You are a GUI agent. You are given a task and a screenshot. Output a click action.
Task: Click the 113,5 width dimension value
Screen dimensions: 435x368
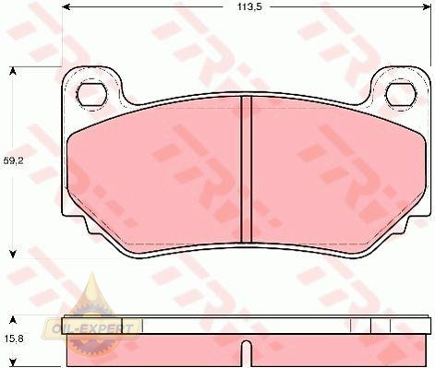[249, 6]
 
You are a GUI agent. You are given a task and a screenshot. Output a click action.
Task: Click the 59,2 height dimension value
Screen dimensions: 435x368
[14, 160]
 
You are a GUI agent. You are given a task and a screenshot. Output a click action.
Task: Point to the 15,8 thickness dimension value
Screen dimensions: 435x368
[15, 338]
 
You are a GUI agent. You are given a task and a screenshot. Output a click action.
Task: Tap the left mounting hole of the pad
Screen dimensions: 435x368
[91, 95]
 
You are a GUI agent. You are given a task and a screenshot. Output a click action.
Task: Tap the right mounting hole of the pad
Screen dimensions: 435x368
[401, 95]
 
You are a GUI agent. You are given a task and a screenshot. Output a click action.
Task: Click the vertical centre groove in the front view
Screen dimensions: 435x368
[246, 169]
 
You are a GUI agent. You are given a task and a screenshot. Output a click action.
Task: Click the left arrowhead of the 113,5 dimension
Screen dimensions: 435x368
[66, 6]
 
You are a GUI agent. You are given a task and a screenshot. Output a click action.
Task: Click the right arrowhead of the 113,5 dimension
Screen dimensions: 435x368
[427, 6]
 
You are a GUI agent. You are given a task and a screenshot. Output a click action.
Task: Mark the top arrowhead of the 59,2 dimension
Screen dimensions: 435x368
[13, 71]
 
